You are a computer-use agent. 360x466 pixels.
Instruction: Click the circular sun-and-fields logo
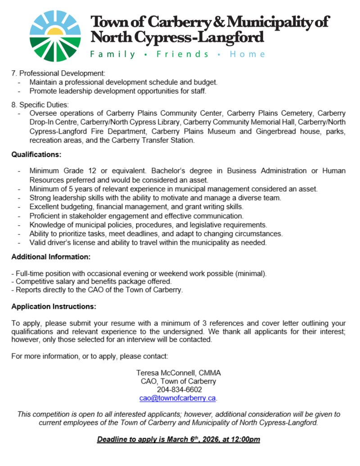point(55,36)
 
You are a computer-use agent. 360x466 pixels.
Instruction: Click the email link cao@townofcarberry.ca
point(178,398)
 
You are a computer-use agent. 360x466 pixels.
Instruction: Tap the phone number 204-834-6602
point(179,390)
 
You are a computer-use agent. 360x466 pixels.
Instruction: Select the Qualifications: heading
point(36,155)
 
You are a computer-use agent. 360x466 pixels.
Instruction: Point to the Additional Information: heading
point(51,257)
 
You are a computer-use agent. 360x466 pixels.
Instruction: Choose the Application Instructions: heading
point(54,307)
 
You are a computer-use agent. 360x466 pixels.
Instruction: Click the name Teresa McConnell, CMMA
point(179,373)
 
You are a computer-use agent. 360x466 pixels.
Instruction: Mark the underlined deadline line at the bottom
point(179,439)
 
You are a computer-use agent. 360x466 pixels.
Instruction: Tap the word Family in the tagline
point(112,54)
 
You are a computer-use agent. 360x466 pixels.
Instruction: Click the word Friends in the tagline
point(182,54)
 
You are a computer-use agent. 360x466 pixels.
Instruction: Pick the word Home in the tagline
point(247,54)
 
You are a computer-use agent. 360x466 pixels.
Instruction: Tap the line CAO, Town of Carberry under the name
point(179,381)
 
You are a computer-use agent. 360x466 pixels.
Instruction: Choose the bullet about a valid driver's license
point(148,242)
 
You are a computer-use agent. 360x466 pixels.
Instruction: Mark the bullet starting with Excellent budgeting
point(136,206)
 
